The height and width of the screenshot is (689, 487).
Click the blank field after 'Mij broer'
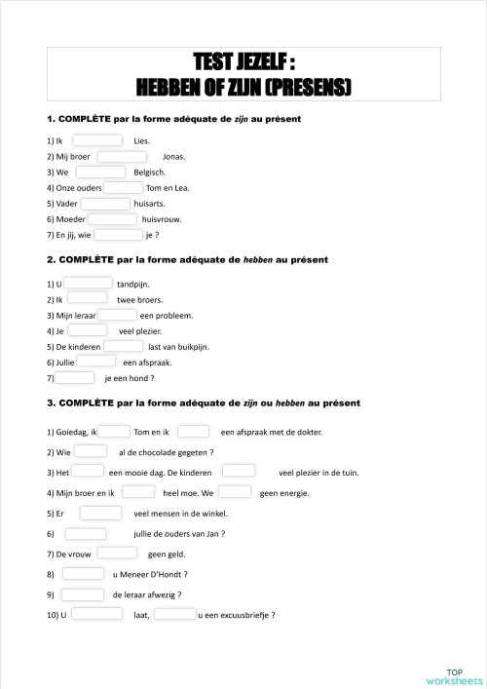pyautogui.click(x=122, y=156)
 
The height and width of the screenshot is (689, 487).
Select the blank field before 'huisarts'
pyautogui.click(x=105, y=204)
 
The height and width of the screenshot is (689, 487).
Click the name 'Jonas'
pyautogui.click(x=173, y=157)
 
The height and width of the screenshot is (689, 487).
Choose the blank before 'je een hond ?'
pyautogui.click(x=75, y=378)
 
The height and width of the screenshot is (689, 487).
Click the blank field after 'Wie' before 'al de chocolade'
pyautogui.click(x=91, y=451)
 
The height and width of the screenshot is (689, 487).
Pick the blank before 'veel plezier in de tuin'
pyautogui.click(x=239, y=472)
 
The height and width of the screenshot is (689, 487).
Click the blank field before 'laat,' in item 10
pyautogui.click(x=97, y=615)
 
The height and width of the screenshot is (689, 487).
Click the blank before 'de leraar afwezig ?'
pyautogui.click(x=83, y=593)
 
